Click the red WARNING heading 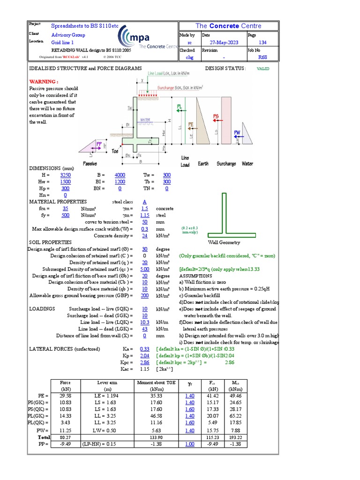coord(44,81)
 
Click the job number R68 coord(262,58)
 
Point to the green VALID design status coord(263,68)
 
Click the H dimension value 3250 coord(66,175)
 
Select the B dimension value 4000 coord(120,175)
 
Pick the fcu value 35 coord(65,208)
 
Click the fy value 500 coord(65,215)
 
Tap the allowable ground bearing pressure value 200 coord(144,296)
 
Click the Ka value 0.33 coord(144,349)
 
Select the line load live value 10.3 coord(144,322)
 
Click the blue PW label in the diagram coord(237,133)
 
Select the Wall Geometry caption coord(224,242)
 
